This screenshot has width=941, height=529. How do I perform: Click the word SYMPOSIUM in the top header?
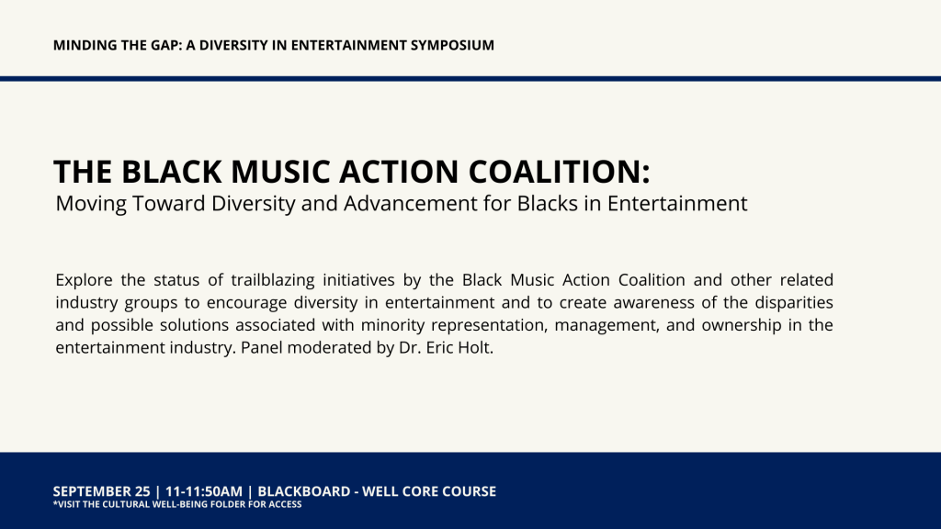[452, 45]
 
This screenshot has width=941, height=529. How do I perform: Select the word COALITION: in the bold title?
[560, 172]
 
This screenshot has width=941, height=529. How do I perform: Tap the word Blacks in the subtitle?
[548, 203]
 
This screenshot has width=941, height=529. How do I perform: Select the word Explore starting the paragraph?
[84, 280]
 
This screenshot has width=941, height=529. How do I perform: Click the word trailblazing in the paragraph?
[272, 280]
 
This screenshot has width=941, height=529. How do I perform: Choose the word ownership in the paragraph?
[742, 325]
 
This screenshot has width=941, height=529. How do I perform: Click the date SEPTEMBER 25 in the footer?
[101, 491]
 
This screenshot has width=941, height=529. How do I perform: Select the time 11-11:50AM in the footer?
[204, 491]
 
